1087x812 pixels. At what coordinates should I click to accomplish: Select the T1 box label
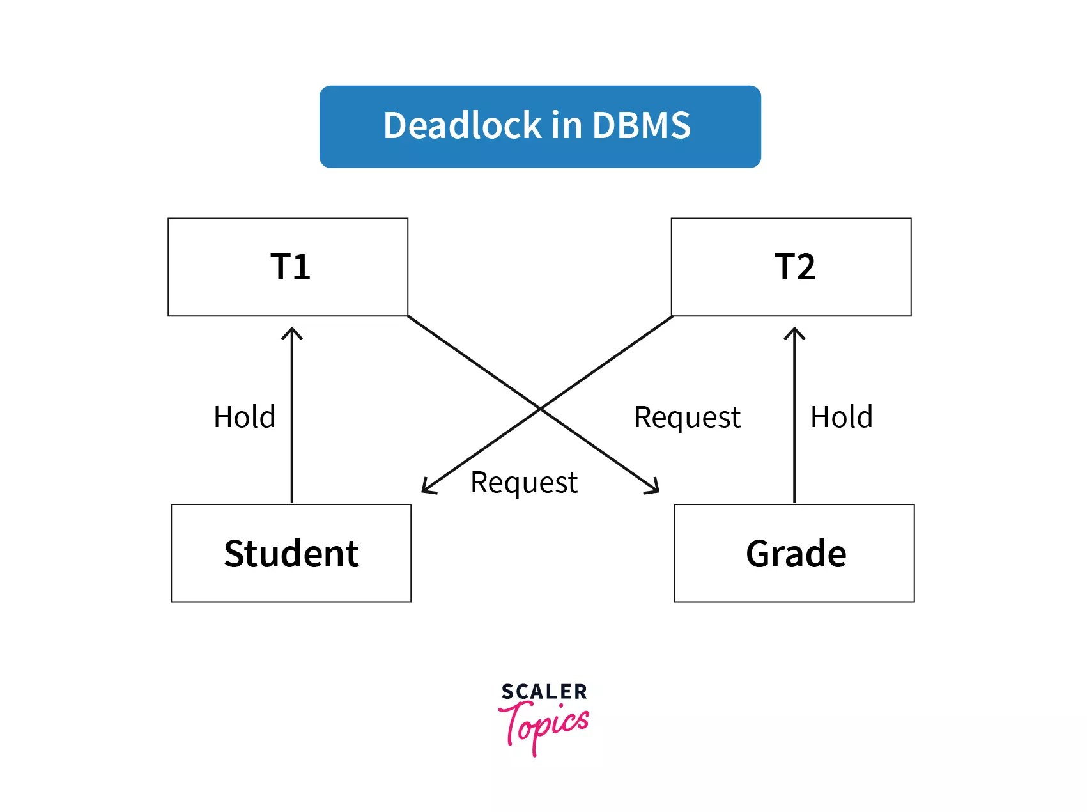pyautogui.click(x=290, y=267)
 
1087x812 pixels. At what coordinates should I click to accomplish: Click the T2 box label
pyautogui.click(x=795, y=267)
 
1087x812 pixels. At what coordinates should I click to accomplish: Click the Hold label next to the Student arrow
pyautogui.click(x=244, y=417)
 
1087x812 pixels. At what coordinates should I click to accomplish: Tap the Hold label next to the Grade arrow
pyautogui.click(x=841, y=417)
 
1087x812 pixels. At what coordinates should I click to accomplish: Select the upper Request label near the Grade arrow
pyautogui.click(x=687, y=418)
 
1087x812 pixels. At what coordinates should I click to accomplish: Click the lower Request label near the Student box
pyautogui.click(x=524, y=483)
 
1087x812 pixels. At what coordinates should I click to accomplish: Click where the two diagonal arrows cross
pyautogui.click(x=541, y=408)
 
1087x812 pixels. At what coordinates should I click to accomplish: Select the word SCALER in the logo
pyautogui.click(x=544, y=691)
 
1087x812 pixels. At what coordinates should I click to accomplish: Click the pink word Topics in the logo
pyautogui.click(x=544, y=726)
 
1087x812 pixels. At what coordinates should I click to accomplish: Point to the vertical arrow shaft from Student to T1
pyautogui.click(x=292, y=435)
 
